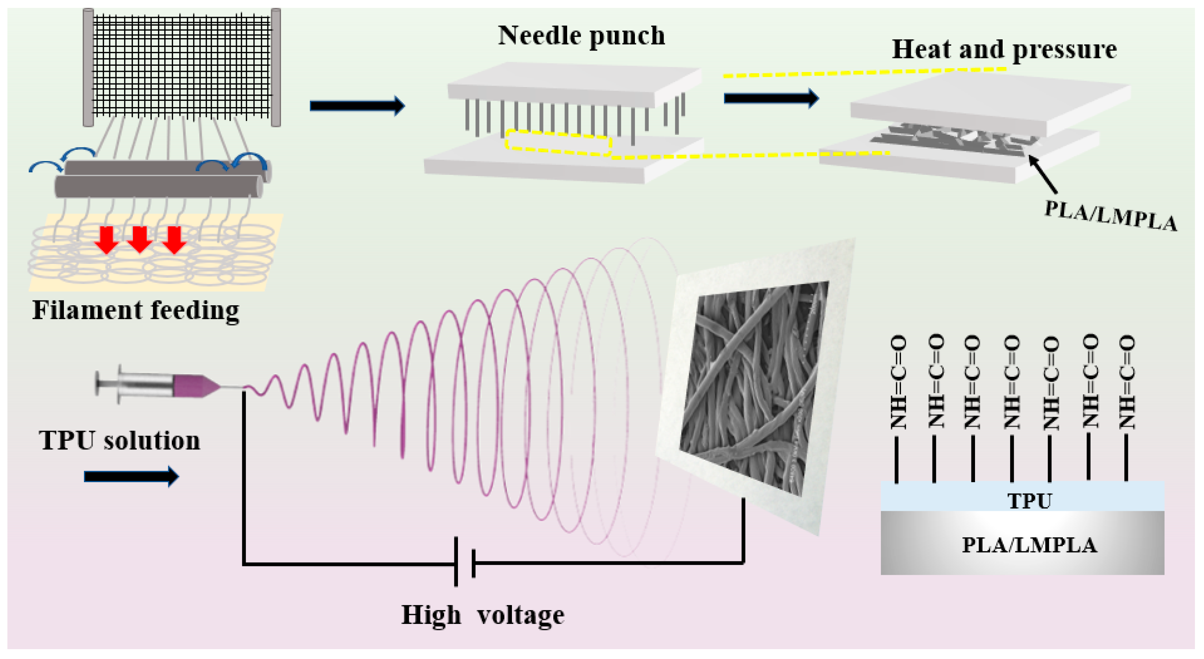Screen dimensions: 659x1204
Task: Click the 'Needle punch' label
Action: pos(581,36)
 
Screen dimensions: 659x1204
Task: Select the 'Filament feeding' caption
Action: pos(136,310)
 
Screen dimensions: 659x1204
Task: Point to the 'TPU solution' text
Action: pos(120,440)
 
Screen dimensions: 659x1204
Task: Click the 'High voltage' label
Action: pos(483,615)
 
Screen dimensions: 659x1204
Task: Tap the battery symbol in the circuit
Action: pos(465,562)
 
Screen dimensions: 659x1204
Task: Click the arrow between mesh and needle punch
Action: pos(357,106)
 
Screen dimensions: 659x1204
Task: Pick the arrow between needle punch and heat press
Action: pos(771,98)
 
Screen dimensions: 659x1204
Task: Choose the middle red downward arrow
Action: pos(140,239)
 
